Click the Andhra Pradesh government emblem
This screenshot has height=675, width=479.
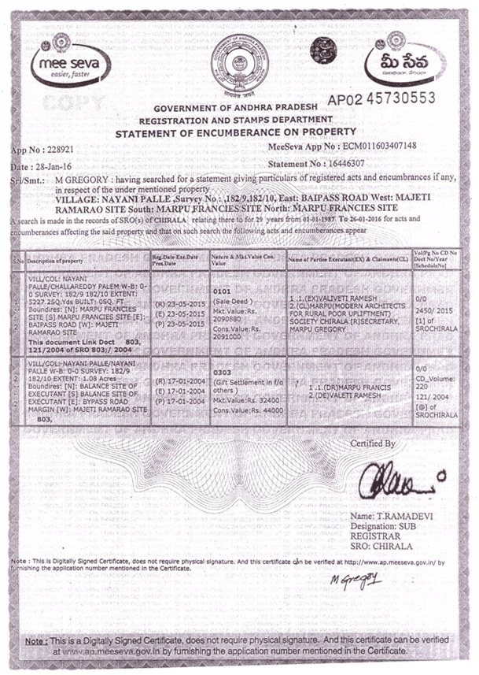coord(239,63)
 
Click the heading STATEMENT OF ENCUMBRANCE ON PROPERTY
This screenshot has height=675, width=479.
coord(235,132)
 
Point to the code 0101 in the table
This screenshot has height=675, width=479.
coord(223,291)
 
